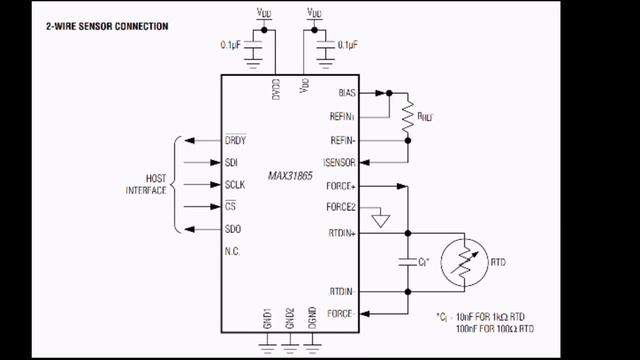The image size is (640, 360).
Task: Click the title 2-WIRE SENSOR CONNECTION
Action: [x=107, y=26]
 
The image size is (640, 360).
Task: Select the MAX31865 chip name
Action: [x=291, y=175]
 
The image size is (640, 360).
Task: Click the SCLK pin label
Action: [x=236, y=185]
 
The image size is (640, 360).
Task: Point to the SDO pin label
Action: [x=233, y=229]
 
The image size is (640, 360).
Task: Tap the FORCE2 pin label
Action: [x=341, y=207]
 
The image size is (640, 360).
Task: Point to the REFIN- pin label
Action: [x=342, y=139]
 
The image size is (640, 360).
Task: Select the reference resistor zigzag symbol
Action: [x=408, y=116]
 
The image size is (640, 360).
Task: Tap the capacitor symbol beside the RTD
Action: [x=408, y=262]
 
